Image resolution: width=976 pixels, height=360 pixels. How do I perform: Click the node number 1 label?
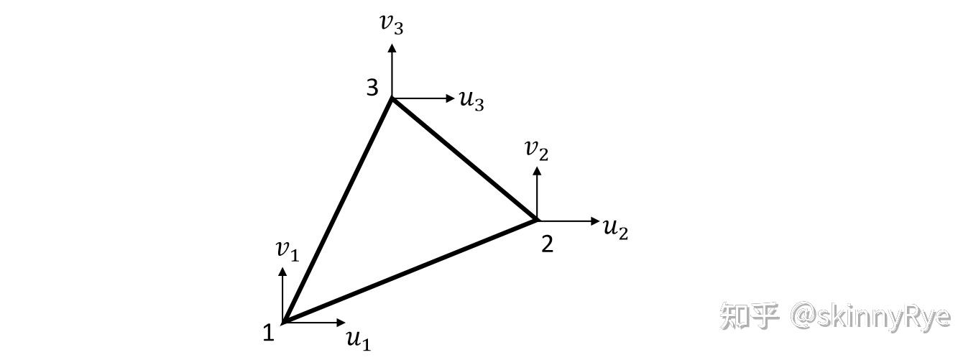tap(268, 333)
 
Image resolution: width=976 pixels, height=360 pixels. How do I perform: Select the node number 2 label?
tap(547, 244)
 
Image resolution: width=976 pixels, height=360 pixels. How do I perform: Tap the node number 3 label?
tap(372, 88)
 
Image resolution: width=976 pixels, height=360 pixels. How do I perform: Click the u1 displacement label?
tap(358, 338)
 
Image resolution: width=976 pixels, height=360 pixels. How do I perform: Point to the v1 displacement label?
tap(287, 249)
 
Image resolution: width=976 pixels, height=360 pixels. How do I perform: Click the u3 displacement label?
tap(471, 100)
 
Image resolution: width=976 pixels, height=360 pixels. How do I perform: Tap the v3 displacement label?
tap(392, 23)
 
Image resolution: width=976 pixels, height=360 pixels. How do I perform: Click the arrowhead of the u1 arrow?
tap(341, 323)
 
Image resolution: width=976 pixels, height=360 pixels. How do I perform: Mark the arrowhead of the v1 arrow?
tap(282, 272)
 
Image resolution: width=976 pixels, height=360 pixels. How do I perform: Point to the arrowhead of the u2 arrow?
tap(594, 221)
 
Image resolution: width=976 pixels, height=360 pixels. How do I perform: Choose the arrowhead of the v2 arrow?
tap(536, 171)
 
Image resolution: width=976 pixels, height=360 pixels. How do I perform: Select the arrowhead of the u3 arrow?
tap(450, 98)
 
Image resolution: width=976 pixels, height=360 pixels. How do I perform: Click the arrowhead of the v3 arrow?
tap(392, 47)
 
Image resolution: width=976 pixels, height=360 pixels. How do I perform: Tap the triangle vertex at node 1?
tap(285, 322)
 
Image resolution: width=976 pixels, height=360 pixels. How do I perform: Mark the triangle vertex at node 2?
tap(535, 219)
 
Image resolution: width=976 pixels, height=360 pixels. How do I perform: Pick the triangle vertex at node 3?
tap(392, 98)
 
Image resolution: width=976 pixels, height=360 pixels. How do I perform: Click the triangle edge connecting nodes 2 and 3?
tap(464, 159)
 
